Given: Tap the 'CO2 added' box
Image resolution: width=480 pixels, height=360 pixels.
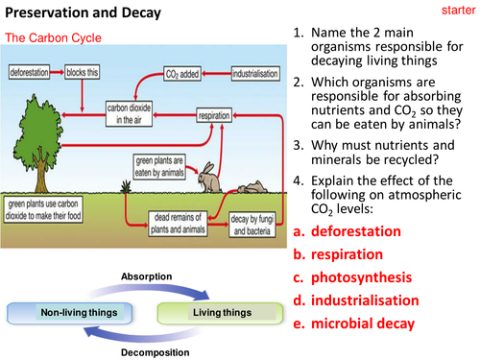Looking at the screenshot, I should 184,73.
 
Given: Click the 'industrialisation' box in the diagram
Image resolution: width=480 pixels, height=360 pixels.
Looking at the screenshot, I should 257,73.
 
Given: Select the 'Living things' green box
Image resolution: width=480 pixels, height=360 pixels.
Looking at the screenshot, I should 216,313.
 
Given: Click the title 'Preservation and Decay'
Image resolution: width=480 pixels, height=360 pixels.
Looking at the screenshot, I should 82,13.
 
